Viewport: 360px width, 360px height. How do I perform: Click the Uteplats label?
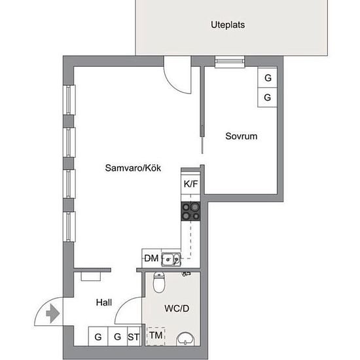tap(228, 25)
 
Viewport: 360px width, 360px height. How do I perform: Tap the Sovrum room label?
tap(242, 136)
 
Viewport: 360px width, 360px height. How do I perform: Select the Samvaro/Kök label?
tap(133, 168)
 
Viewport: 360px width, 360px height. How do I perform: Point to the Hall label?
tap(104, 302)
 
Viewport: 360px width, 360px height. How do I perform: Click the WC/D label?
tap(177, 308)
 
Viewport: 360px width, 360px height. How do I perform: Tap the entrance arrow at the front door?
tap(53, 314)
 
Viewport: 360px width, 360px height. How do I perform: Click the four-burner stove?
tap(190, 211)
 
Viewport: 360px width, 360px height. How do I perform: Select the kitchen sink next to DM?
tap(171, 259)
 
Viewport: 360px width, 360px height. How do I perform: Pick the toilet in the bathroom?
tap(159, 282)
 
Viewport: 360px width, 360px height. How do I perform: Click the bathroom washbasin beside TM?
tap(185, 339)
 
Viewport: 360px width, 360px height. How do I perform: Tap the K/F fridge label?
tap(190, 184)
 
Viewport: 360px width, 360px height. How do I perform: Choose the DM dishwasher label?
tap(151, 259)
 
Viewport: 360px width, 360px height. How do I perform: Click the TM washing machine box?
tap(156, 336)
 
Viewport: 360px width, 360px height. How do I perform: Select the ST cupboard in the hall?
tap(134, 336)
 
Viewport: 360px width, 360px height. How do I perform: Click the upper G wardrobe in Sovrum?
tap(267, 78)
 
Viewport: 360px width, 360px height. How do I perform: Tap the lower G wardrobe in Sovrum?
tap(267, 98)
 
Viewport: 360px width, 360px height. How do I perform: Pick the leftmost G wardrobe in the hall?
tap(98, 336)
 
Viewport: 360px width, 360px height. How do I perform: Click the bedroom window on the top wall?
tap(230, 62)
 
